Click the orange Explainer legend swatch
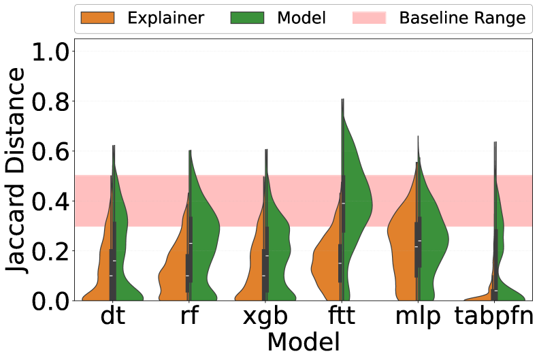(x=96, y=18)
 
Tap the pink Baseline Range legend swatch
(x=369, y=18)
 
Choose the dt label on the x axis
(x=112, y=317)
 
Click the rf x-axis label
(x=189, y=317)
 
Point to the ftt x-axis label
(x=342, y=317)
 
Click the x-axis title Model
(x=304, y=340)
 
